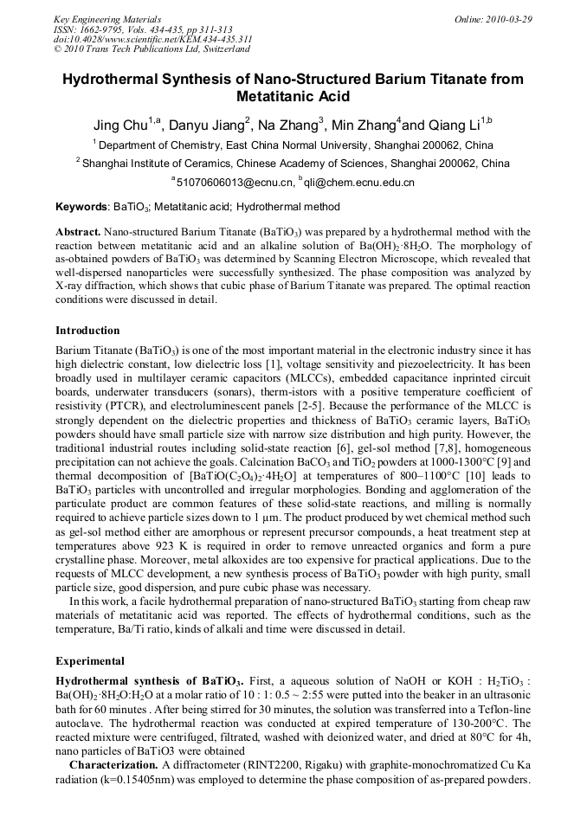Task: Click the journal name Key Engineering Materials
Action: (107, 19)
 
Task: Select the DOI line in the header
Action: (152, 39)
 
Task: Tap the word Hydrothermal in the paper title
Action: (129, 79)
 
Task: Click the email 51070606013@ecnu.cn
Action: (230, 183)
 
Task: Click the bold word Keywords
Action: (82, 208)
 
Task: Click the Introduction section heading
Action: (87, 331)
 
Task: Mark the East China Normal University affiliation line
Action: (293, 145)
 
